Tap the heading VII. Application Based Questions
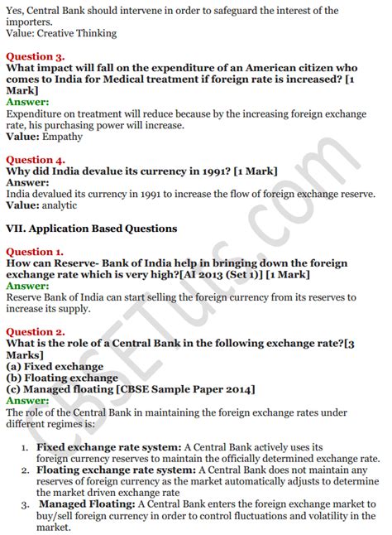coord(91,228)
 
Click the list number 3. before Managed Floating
coord(26,504)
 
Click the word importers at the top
coord(31,22)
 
